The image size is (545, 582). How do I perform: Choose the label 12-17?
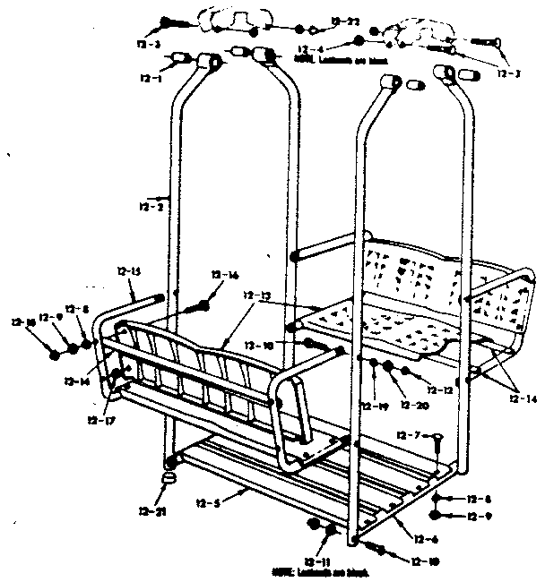click(99, 419)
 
